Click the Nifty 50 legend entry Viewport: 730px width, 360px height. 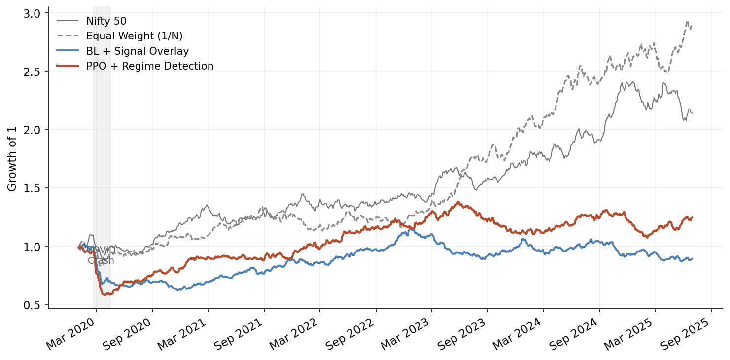click(x=106, y=21)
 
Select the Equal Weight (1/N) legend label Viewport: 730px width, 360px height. click(x=134, y=36)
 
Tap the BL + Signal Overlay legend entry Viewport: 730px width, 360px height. click(x=138, y=51)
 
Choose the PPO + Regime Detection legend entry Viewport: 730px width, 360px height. click(x=150, y=66)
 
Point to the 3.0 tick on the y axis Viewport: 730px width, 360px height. click(x=33, y=13)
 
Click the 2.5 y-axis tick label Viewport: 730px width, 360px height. click(x=33, y=71)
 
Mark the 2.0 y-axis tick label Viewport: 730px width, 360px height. click(x=33, y=130)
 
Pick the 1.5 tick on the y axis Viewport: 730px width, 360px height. click(x=33, y=188)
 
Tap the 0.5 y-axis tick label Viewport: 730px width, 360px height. click(x=33, y=305)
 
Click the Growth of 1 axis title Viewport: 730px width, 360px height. click(x=12, y=159)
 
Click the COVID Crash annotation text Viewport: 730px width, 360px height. click(x=101, y=255)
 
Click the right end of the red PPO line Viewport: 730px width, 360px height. click(x=693, y=217)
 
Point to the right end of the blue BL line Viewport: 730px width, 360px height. click(x=693, y=258)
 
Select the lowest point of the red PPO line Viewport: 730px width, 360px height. click(x=105, y=295)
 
